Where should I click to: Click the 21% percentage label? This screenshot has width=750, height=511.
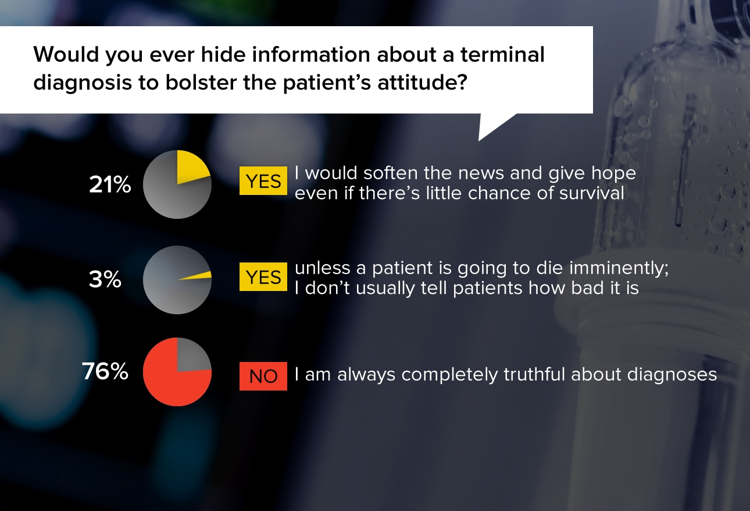click(110, 184)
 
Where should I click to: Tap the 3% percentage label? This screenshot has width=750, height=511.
click(105, 279)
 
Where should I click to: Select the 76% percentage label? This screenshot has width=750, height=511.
click(105, 371)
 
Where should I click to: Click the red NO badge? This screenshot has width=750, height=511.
click(263, 376)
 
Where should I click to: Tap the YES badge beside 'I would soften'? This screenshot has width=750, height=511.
click(263, 180)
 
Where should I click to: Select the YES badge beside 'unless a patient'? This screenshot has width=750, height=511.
click(263, 277)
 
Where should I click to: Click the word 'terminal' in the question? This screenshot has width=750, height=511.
click(502, 54)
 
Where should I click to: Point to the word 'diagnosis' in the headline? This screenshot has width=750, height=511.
click(83, 83)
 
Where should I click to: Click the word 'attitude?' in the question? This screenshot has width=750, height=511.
click(422, 82)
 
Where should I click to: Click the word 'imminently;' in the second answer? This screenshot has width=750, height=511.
click(619, 269)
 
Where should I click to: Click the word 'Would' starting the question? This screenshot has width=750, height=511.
click(66, 54)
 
